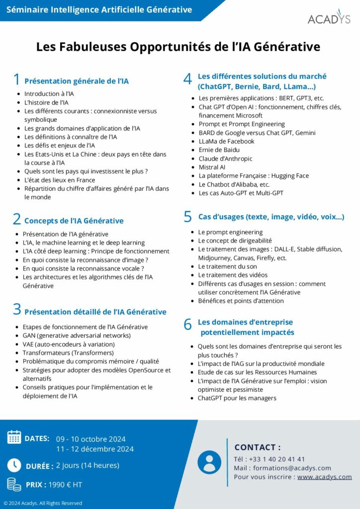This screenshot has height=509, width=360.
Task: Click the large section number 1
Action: point(16,80)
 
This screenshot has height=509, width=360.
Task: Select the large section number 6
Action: point(187,325)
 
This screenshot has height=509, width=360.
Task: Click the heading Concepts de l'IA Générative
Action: point(74,221)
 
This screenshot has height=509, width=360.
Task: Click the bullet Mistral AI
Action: point(212,167)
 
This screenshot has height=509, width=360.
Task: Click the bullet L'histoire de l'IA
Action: point(46,102)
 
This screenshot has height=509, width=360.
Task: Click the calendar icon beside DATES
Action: point(14,437)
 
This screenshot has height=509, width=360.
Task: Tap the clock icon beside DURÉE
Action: point(14,465)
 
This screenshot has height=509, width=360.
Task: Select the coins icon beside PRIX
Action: point(14,484)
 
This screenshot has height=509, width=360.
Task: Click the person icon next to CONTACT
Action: point(209,462)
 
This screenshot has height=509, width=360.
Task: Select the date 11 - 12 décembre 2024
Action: point(94,449)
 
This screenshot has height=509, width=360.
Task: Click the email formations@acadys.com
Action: point(292,468)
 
